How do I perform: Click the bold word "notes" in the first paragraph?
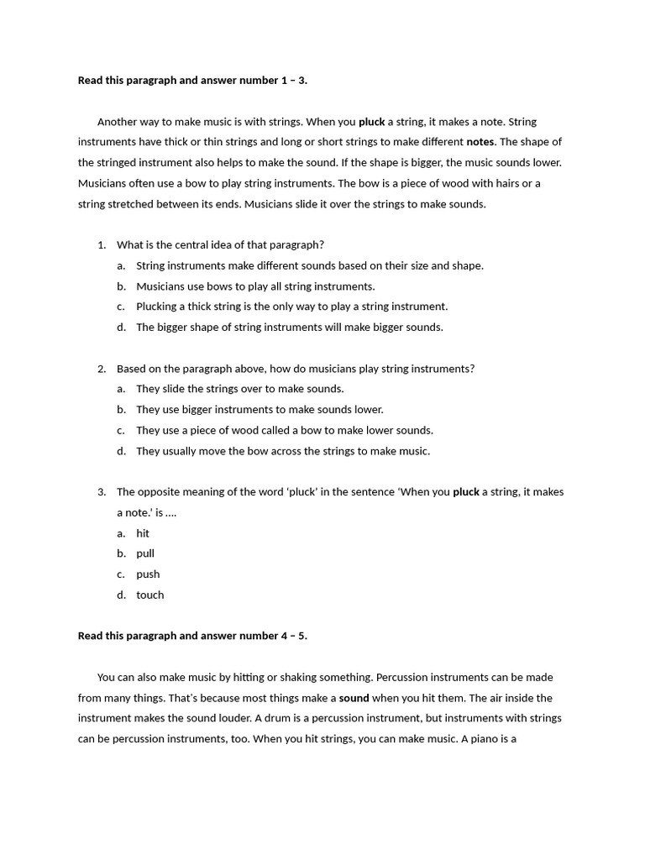[x=480, y=142]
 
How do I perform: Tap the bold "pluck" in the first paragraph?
[x=371, y=122]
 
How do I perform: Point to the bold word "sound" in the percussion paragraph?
[x=354, y=698]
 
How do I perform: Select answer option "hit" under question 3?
[x=143, y=533]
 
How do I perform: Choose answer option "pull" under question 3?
[x=145, y=553]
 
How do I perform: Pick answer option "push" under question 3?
[x=148, y=574]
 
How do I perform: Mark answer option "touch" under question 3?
[x=150, y=595]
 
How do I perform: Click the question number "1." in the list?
[x=102, y=245]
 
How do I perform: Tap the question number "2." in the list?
[x=102, y=369]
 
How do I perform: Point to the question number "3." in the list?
[x=102, y=492]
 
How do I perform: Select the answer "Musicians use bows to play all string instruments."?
[x=255, y=286]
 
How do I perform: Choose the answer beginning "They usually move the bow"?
[x=282, y=451]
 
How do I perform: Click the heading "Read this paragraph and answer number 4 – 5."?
[x=192, y=636]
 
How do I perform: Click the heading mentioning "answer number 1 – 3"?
[x=192, y=81]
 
